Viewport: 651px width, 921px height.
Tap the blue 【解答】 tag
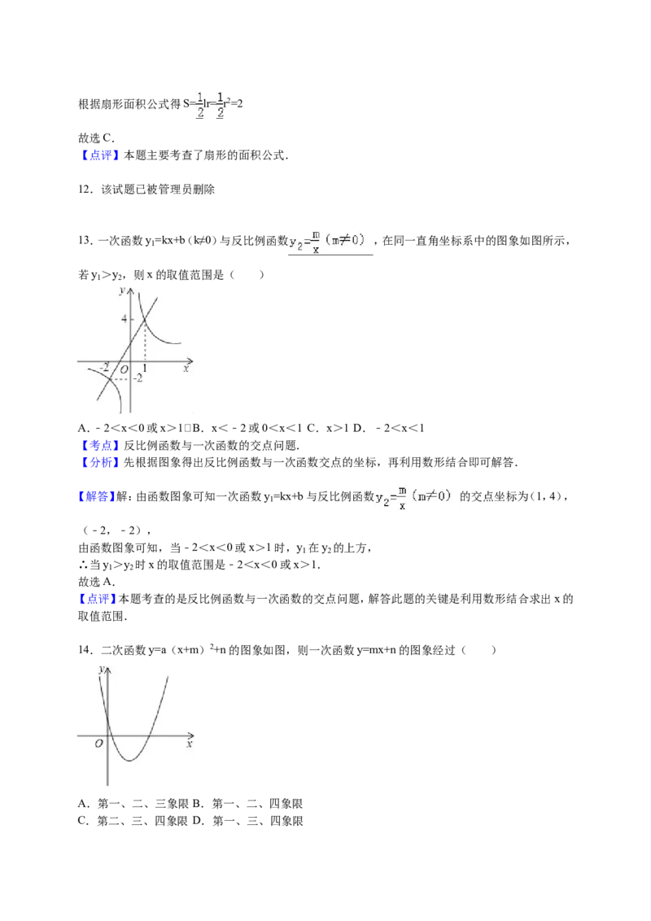click(97, 496)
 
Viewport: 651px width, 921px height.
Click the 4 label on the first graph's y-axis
click(124, 319)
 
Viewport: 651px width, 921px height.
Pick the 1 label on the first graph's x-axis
click(145, 369)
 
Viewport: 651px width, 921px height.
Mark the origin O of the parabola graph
click(98, 743)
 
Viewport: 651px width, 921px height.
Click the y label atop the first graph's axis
click(122, 290)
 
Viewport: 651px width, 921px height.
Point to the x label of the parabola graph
click(189, 744)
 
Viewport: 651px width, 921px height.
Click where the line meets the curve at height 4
click(145, 319)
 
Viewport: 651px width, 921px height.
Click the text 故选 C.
click(96, 138)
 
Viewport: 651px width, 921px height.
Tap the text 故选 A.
click(96, 582)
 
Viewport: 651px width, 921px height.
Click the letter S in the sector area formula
click(186, 104)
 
